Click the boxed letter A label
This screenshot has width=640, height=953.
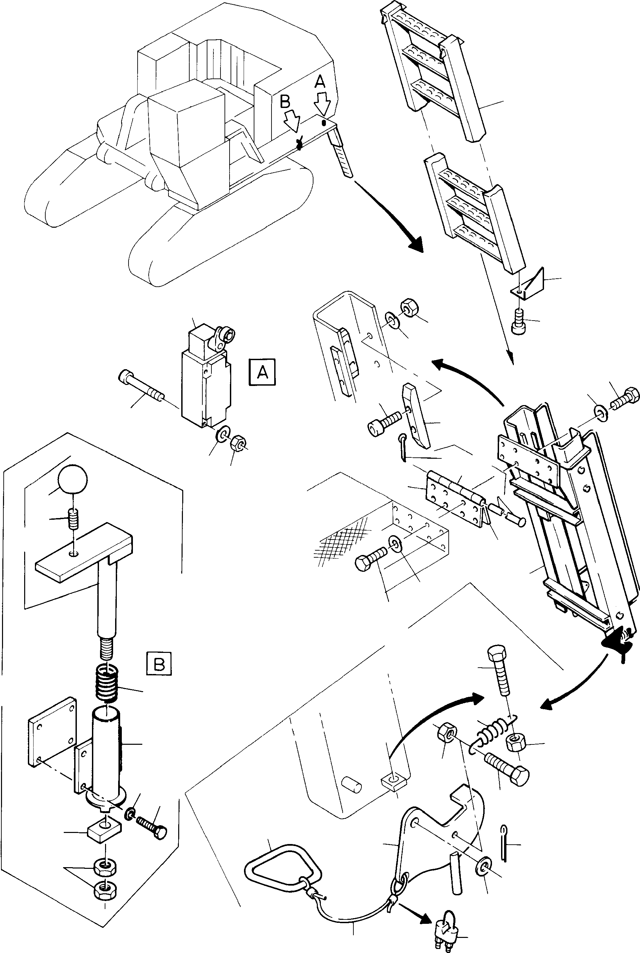[262, 372]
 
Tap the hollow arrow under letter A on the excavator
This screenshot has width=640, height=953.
[323, 104]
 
